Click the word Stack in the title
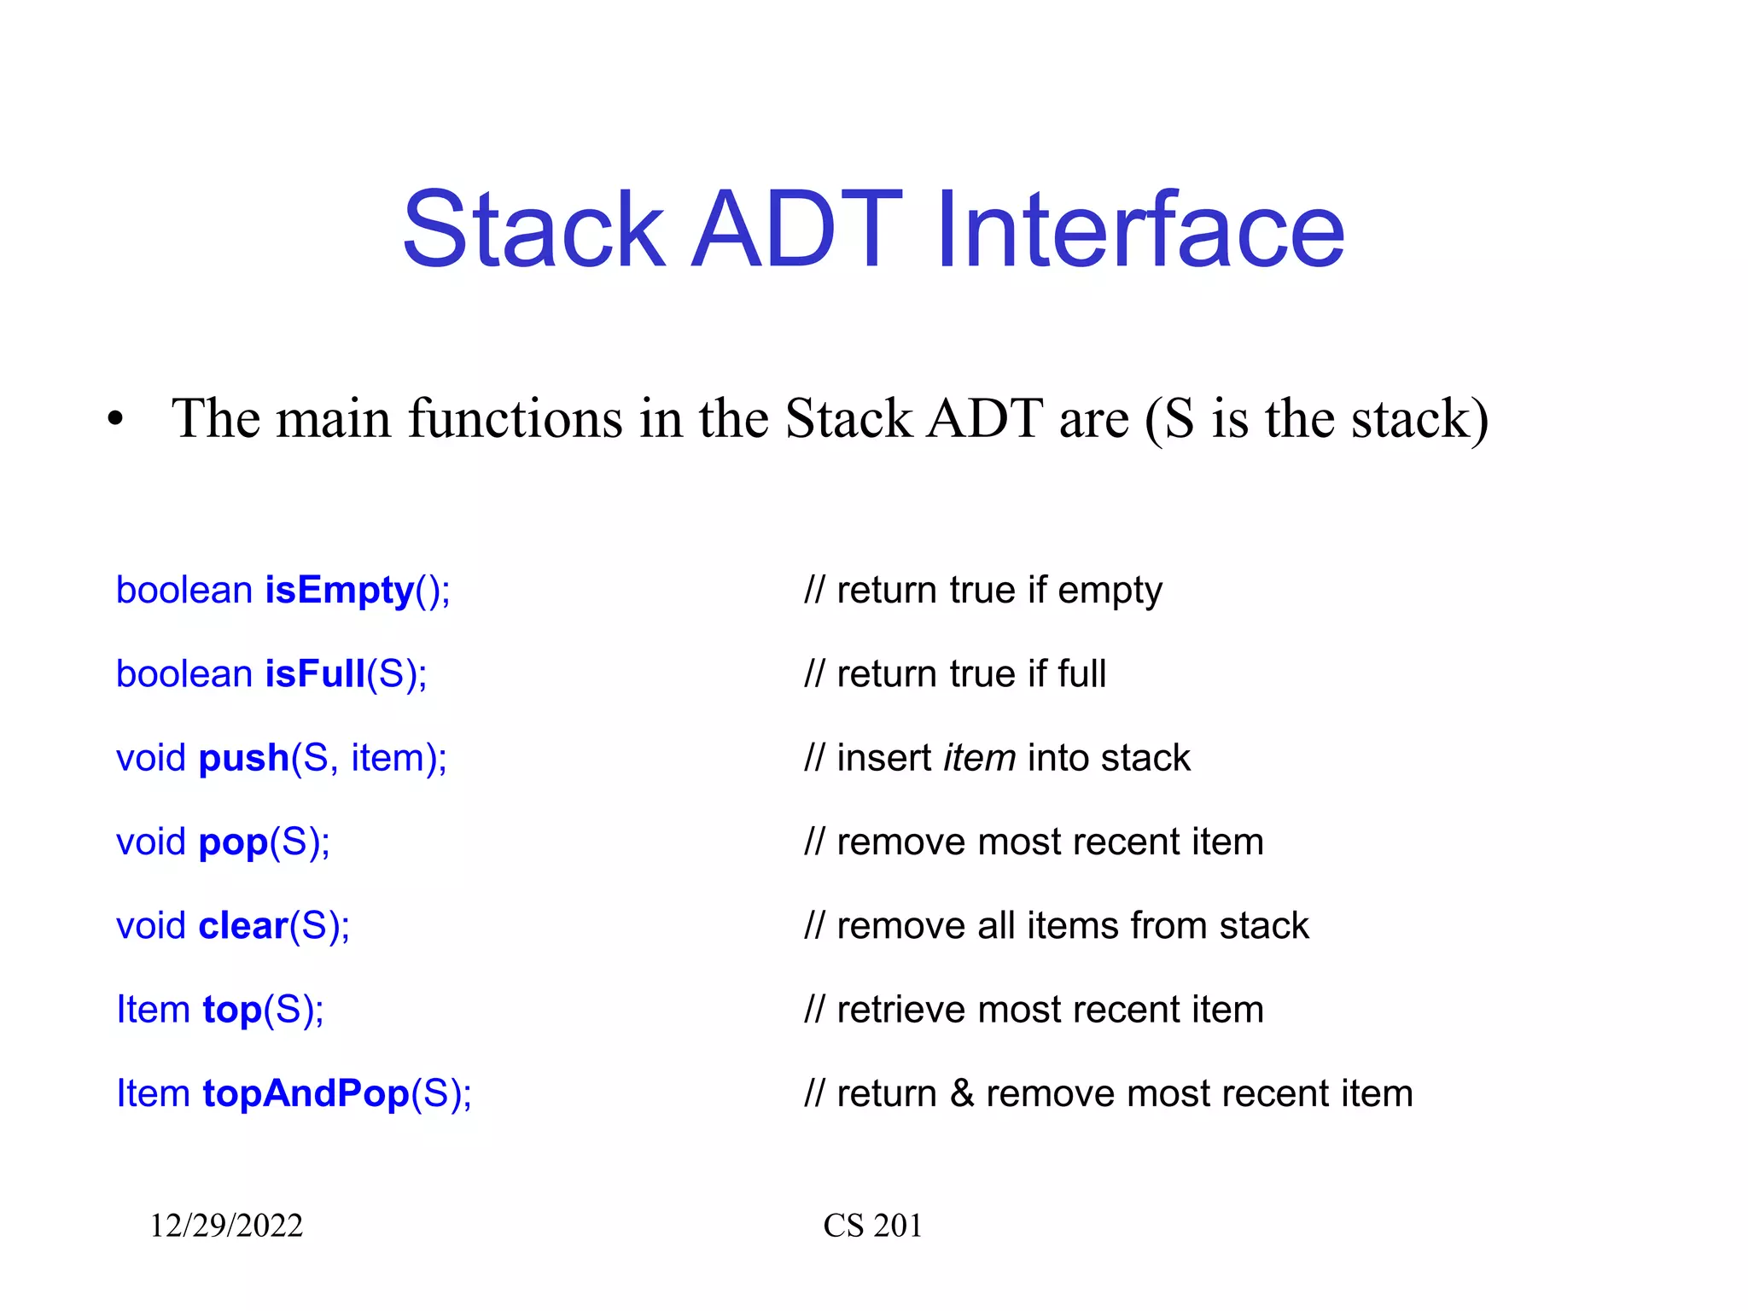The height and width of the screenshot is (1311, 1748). click(x=533, y=230)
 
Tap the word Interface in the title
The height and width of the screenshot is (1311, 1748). click(x=1139, y=230)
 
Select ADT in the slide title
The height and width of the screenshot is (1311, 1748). click(x=796, y=230)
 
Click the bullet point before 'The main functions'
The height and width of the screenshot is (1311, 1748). click(x=116, y=420)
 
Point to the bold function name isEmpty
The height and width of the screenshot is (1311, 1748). click(x=340, y=591)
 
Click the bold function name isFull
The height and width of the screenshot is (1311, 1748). click(x=315, y=674)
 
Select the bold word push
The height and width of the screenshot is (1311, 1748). click(x=244, y=758)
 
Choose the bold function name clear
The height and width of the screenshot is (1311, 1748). click(x=243, y=926)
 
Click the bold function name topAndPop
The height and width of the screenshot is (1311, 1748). click(x=306, y=1093)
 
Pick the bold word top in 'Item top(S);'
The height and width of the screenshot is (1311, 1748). click(x=232, y=1011)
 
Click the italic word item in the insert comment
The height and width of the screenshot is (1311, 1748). click(x=979, y=758)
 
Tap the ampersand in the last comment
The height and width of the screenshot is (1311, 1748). click(x=962, y=1093)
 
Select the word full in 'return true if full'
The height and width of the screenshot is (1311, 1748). click(x=1081, y=674)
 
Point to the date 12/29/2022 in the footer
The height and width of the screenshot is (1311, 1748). click(x=226, y=1226)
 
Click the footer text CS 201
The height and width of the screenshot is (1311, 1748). click(x=872, y=1226)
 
